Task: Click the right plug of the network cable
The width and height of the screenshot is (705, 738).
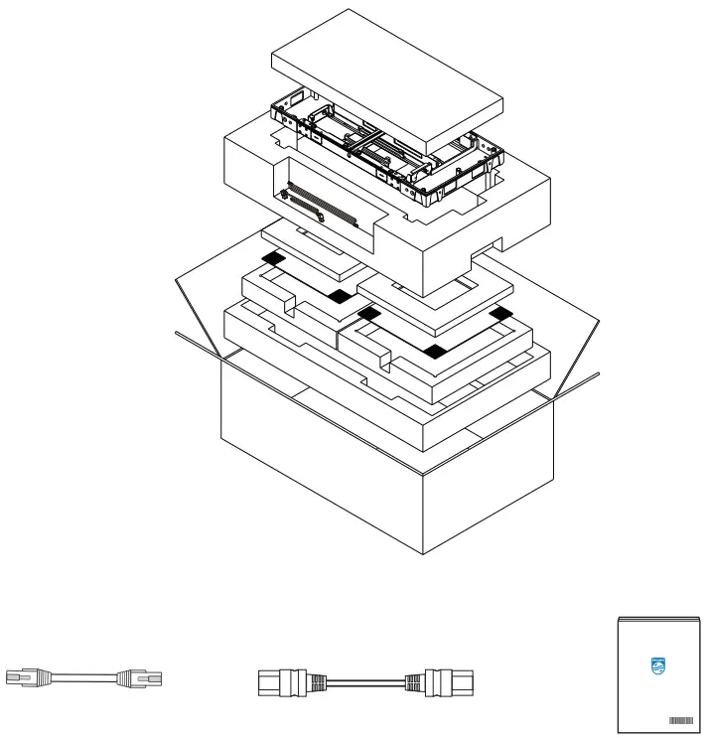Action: point(139,679)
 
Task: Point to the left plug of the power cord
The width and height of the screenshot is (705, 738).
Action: point(281,681)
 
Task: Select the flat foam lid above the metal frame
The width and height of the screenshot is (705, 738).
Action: point(387,79)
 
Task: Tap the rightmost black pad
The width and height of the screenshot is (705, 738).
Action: point(502,315)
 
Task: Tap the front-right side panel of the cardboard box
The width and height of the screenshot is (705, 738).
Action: point(487,487)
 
